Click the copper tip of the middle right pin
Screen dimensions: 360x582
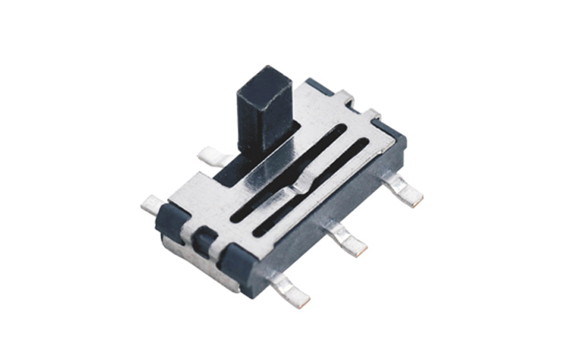pyautogui.click(x=359, y=249)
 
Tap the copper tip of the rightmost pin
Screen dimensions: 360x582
pyautogui.click(x=417, y=199)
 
